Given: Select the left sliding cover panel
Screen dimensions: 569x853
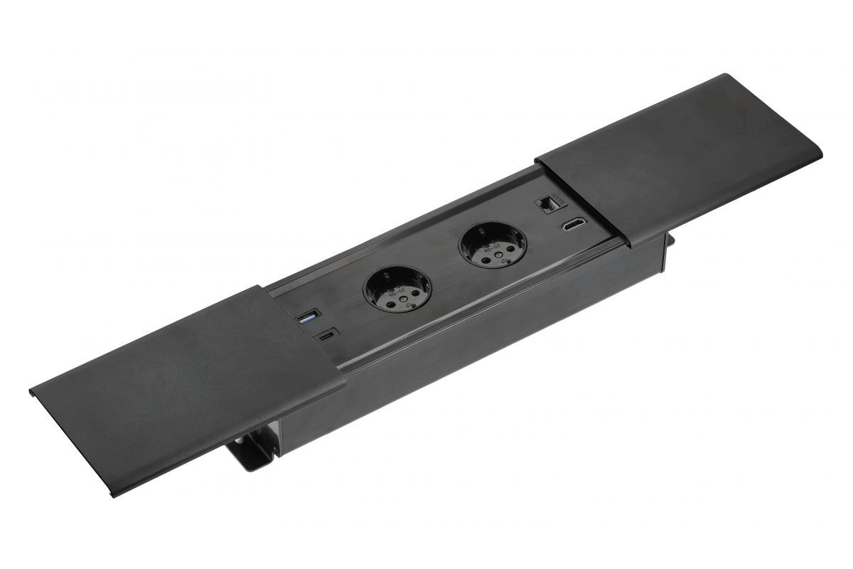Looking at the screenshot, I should [x=185, y=384].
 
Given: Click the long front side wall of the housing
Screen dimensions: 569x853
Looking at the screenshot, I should [x=469, y=341].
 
